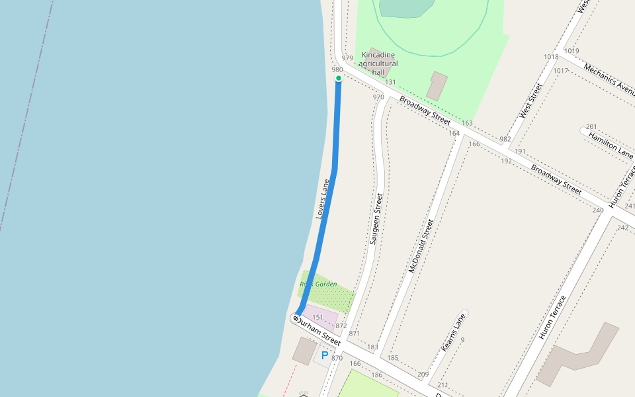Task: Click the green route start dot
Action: (339, 78)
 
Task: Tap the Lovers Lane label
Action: (323, 198)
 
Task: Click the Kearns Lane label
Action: (453, 332)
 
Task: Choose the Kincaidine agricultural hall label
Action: (378, 64)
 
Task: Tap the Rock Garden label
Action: (318, 284)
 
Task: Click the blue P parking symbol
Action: (325, 355)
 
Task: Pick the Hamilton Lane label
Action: (611, 143)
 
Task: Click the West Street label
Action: (530, 101)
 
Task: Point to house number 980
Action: (337, 69)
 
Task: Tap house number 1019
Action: (571, 51)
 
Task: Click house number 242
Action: (622, 228)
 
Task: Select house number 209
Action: (423, 375)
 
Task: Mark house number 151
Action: (318, 318)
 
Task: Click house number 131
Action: (390, 82)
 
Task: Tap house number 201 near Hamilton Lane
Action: (591, 126)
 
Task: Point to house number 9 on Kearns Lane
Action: (462, 340)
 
